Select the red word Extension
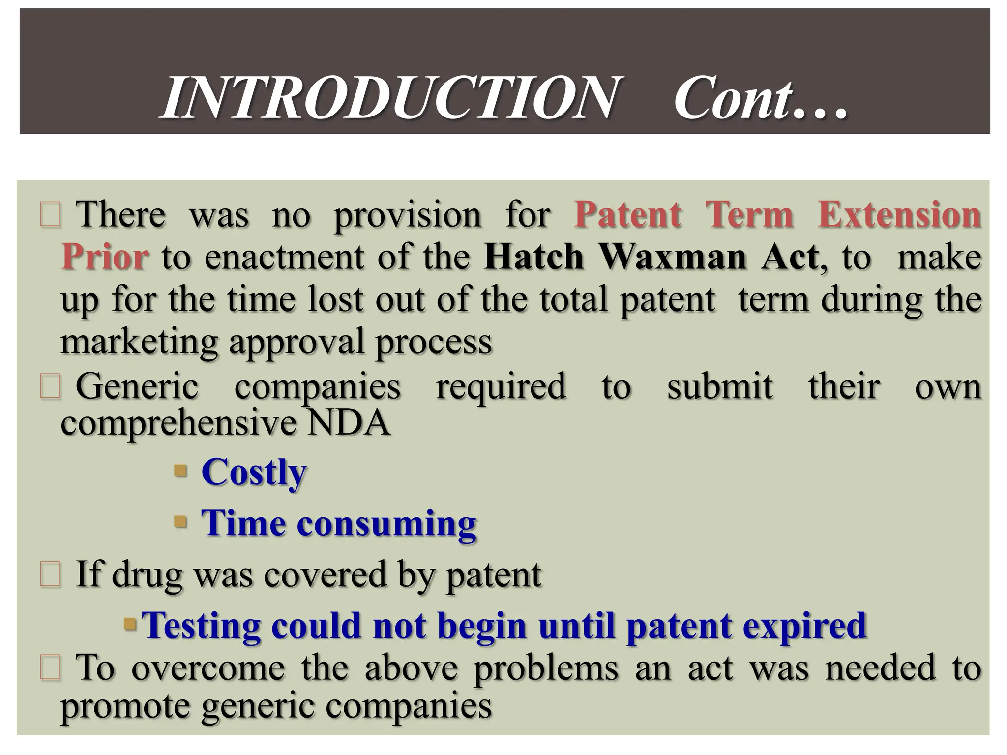coord(899,215)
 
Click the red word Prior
coord(104,257)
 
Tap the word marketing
coord(139,342)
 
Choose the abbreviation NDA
coord(348,423)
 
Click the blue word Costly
coord(254,472)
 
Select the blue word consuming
coord(386,523)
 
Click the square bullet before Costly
coord(180,471)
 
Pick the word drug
coord(146,575)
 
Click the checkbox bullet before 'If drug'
coord(50,575)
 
